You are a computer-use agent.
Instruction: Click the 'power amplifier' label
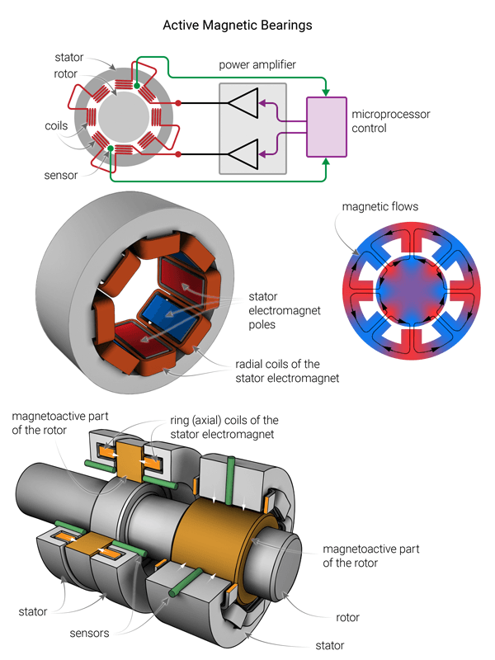[x=257, y=64]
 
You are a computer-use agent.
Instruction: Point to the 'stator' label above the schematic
[x=69, y=58]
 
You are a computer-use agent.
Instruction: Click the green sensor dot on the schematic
[x=111, y=148]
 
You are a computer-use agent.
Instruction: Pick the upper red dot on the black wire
[x=178, y=104]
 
